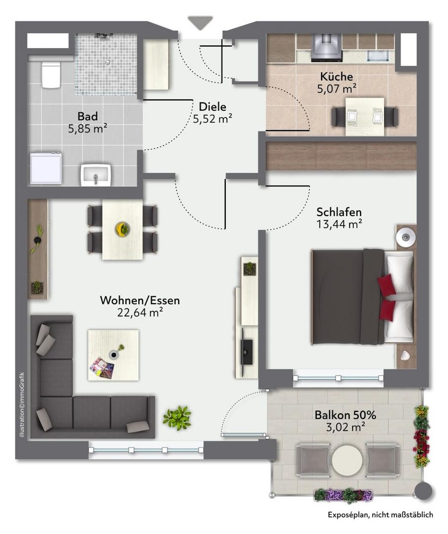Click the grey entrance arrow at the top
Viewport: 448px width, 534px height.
[200, 22]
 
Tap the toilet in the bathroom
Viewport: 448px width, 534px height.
[51, 75]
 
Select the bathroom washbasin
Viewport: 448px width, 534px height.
[96, 175]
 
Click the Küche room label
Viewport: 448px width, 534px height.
[336, 76]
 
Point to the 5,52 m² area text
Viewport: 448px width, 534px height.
[212, 119]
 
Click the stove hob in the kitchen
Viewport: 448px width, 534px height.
[326, 47]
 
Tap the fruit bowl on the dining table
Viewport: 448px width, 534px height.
[122, 228]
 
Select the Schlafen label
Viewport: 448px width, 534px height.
[339, 212]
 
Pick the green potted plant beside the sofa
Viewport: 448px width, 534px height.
[177, 417]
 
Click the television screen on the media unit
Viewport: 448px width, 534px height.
[246, 352]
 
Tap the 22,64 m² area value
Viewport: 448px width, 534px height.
[140, 312]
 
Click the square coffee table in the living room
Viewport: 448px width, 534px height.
[113, 355]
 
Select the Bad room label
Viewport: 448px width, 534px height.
[87, 117]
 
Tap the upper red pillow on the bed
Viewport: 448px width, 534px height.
[387, 285]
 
